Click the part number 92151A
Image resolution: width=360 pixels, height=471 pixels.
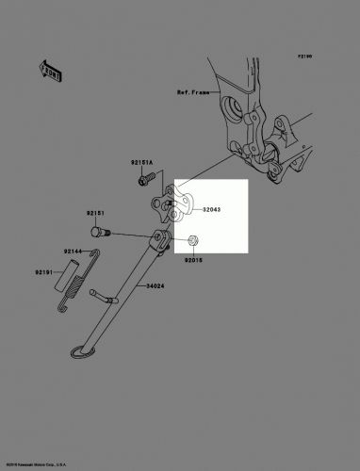click(x=142, y=163)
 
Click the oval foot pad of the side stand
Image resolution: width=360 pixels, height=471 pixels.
click(x=85, y=353)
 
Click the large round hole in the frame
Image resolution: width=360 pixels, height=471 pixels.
click(x=227, y=110)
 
